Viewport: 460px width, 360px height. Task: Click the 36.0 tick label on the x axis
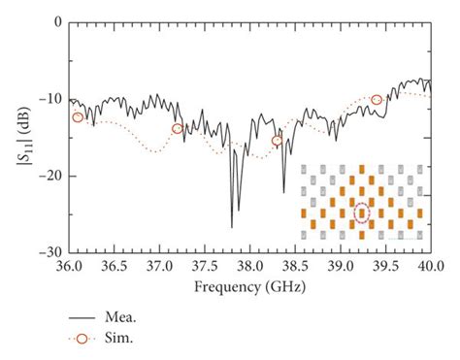pos(68,265)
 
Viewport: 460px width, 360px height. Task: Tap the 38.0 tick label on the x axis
pos(248,265)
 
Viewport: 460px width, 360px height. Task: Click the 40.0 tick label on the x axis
pos(429,265)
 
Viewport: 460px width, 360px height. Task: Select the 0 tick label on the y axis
pos(55,21)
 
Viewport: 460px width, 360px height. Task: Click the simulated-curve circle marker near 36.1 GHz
pos(78,117)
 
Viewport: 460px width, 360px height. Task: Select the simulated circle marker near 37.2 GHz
pos(177,128)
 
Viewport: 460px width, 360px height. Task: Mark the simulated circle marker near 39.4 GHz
pos(377,100)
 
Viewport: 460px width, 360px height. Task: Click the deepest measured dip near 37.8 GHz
pos(232,226)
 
